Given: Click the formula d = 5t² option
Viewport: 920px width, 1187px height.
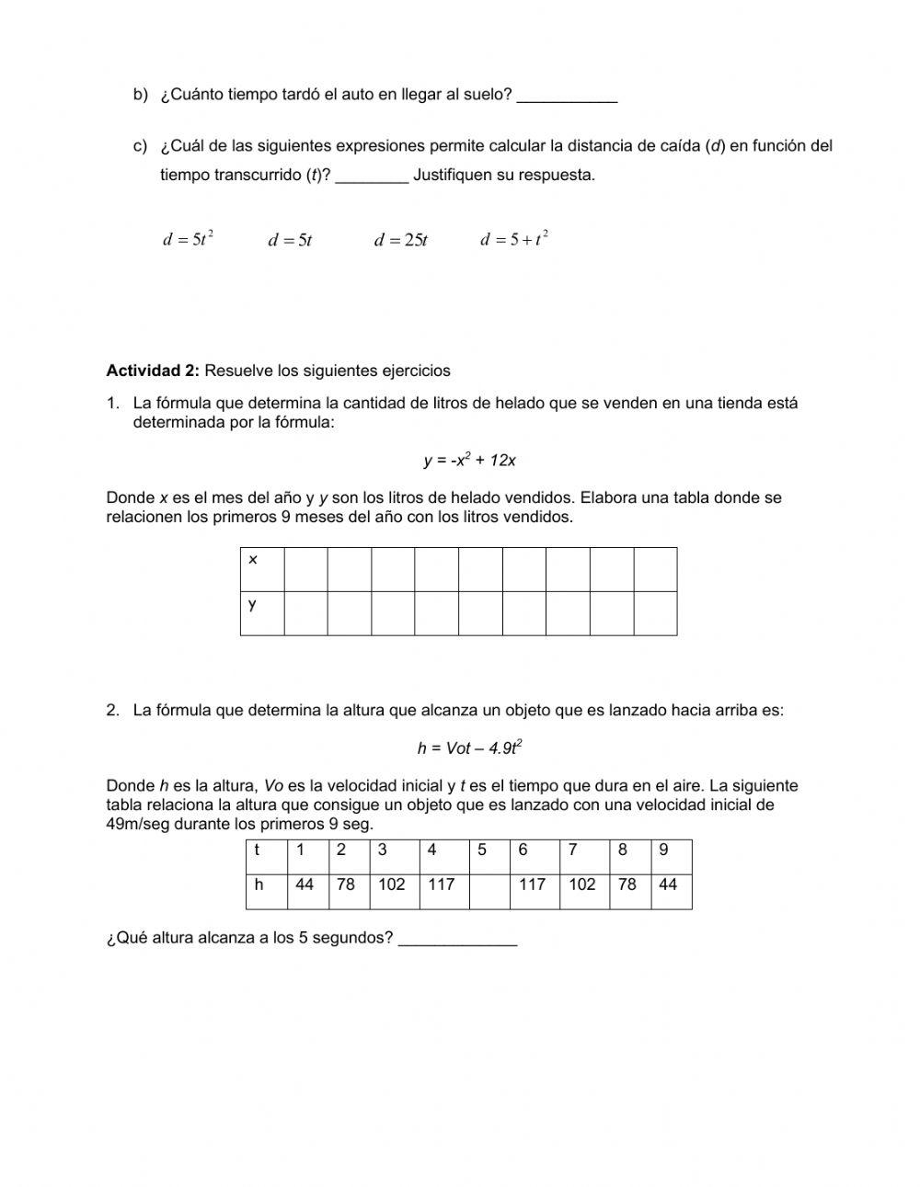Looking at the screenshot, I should pos(189,240).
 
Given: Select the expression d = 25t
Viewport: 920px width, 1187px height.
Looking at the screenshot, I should pos(401,241).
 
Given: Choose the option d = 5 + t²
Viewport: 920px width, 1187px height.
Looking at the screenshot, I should pos(514,240).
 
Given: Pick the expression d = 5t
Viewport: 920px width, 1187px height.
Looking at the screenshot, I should pos(290,241).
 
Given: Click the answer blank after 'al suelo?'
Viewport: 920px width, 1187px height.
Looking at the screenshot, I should pos(567,96).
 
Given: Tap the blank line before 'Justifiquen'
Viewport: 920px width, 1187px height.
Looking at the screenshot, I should pos(372,176).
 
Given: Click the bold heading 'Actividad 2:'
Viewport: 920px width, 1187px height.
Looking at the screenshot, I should pos(153,371).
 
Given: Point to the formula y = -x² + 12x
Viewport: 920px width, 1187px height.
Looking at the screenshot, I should pos(470,460).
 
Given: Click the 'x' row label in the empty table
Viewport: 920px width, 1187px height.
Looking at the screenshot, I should pos(253,560).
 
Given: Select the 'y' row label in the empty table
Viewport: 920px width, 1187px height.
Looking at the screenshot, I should pos(252,604).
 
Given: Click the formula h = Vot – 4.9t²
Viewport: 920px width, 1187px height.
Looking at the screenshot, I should pos(470,748).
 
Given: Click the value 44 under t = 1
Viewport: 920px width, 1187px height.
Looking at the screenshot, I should pos(305,885).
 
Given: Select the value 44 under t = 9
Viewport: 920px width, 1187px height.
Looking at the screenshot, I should pos(668,885).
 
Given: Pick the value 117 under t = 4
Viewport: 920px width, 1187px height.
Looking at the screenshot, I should pos(442,885).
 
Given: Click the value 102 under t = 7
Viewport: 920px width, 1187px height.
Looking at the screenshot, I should pos(582,885).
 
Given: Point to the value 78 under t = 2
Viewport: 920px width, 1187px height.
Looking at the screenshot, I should pos(346,885).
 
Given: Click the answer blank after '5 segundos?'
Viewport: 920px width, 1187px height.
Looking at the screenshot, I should pos(457,940).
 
